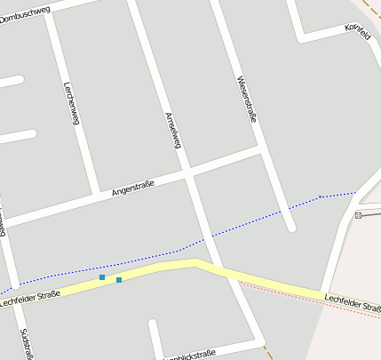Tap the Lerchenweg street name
72,103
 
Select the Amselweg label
173,130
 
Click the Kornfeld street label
358,29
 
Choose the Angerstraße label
133,188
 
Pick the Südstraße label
27,343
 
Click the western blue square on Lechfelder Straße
102,278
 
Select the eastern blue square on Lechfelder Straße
119,280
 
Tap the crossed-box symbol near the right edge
359,215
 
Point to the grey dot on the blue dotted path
320,196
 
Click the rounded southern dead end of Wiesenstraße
290,227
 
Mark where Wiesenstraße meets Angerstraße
262,149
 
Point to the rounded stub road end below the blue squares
154,324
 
